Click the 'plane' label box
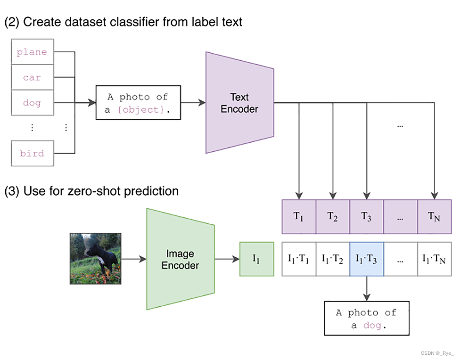tap(33, 52)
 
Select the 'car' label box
tap(33, 77)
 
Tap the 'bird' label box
tap(33, 153)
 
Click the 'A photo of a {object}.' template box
tap(138, 103)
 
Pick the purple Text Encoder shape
tap(239, 103)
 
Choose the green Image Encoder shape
tap(181, 259)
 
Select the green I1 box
tap(257, 259)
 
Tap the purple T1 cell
tap(299, 217)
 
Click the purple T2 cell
tap(333, 217)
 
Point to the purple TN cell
tap(434, 217)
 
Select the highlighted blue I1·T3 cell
tap(367, 259)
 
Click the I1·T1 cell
tap(299, 259)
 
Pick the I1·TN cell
tap(434, 259)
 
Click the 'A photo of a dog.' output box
tap(367, 318)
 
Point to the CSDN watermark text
tap(437, 353)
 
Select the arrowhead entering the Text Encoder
tap(202, 103)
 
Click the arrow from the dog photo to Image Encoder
tap(134, 259)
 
